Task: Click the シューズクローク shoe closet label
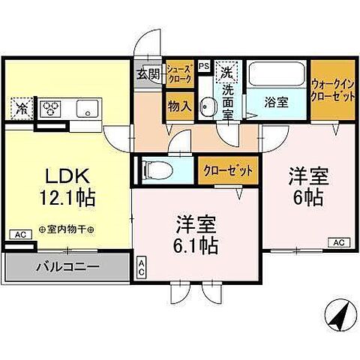tap(180, 73)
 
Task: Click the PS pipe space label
tap(203, 65)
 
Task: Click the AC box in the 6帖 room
tap(338, 242)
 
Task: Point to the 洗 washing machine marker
tap(226, 74)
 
